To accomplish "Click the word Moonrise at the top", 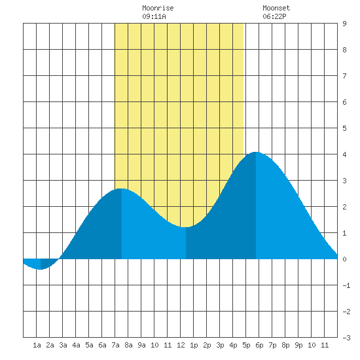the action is (x=158, y=9).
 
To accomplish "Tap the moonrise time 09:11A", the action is (x=154, y=16).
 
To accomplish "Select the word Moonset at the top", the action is (x=276, y=9).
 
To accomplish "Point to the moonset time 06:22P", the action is (x=274, y=16).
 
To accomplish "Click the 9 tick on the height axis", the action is (x=344, y=24).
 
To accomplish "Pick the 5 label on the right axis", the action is (x=344, y=128).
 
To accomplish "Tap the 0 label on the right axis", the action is (x=344, y=259).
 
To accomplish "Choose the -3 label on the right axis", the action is (x=347, y=338).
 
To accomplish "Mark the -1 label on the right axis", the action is (x=347, y=285).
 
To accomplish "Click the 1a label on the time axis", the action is (x=37, y=345).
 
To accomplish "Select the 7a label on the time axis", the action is (x=115, y=345).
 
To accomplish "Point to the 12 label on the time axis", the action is (x=181, y=345).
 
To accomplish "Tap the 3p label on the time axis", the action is (x=220, y=345).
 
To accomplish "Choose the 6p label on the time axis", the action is (x=259, y=345).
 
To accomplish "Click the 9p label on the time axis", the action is (x=298, y=345).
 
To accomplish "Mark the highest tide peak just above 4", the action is (x=255, y=153).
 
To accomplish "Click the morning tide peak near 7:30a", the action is (x=122, y=189).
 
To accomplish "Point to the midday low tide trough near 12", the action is (x=186, y=227).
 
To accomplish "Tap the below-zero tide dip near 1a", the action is (x=41, y=269).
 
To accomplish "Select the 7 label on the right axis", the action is (x=344, y=76).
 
